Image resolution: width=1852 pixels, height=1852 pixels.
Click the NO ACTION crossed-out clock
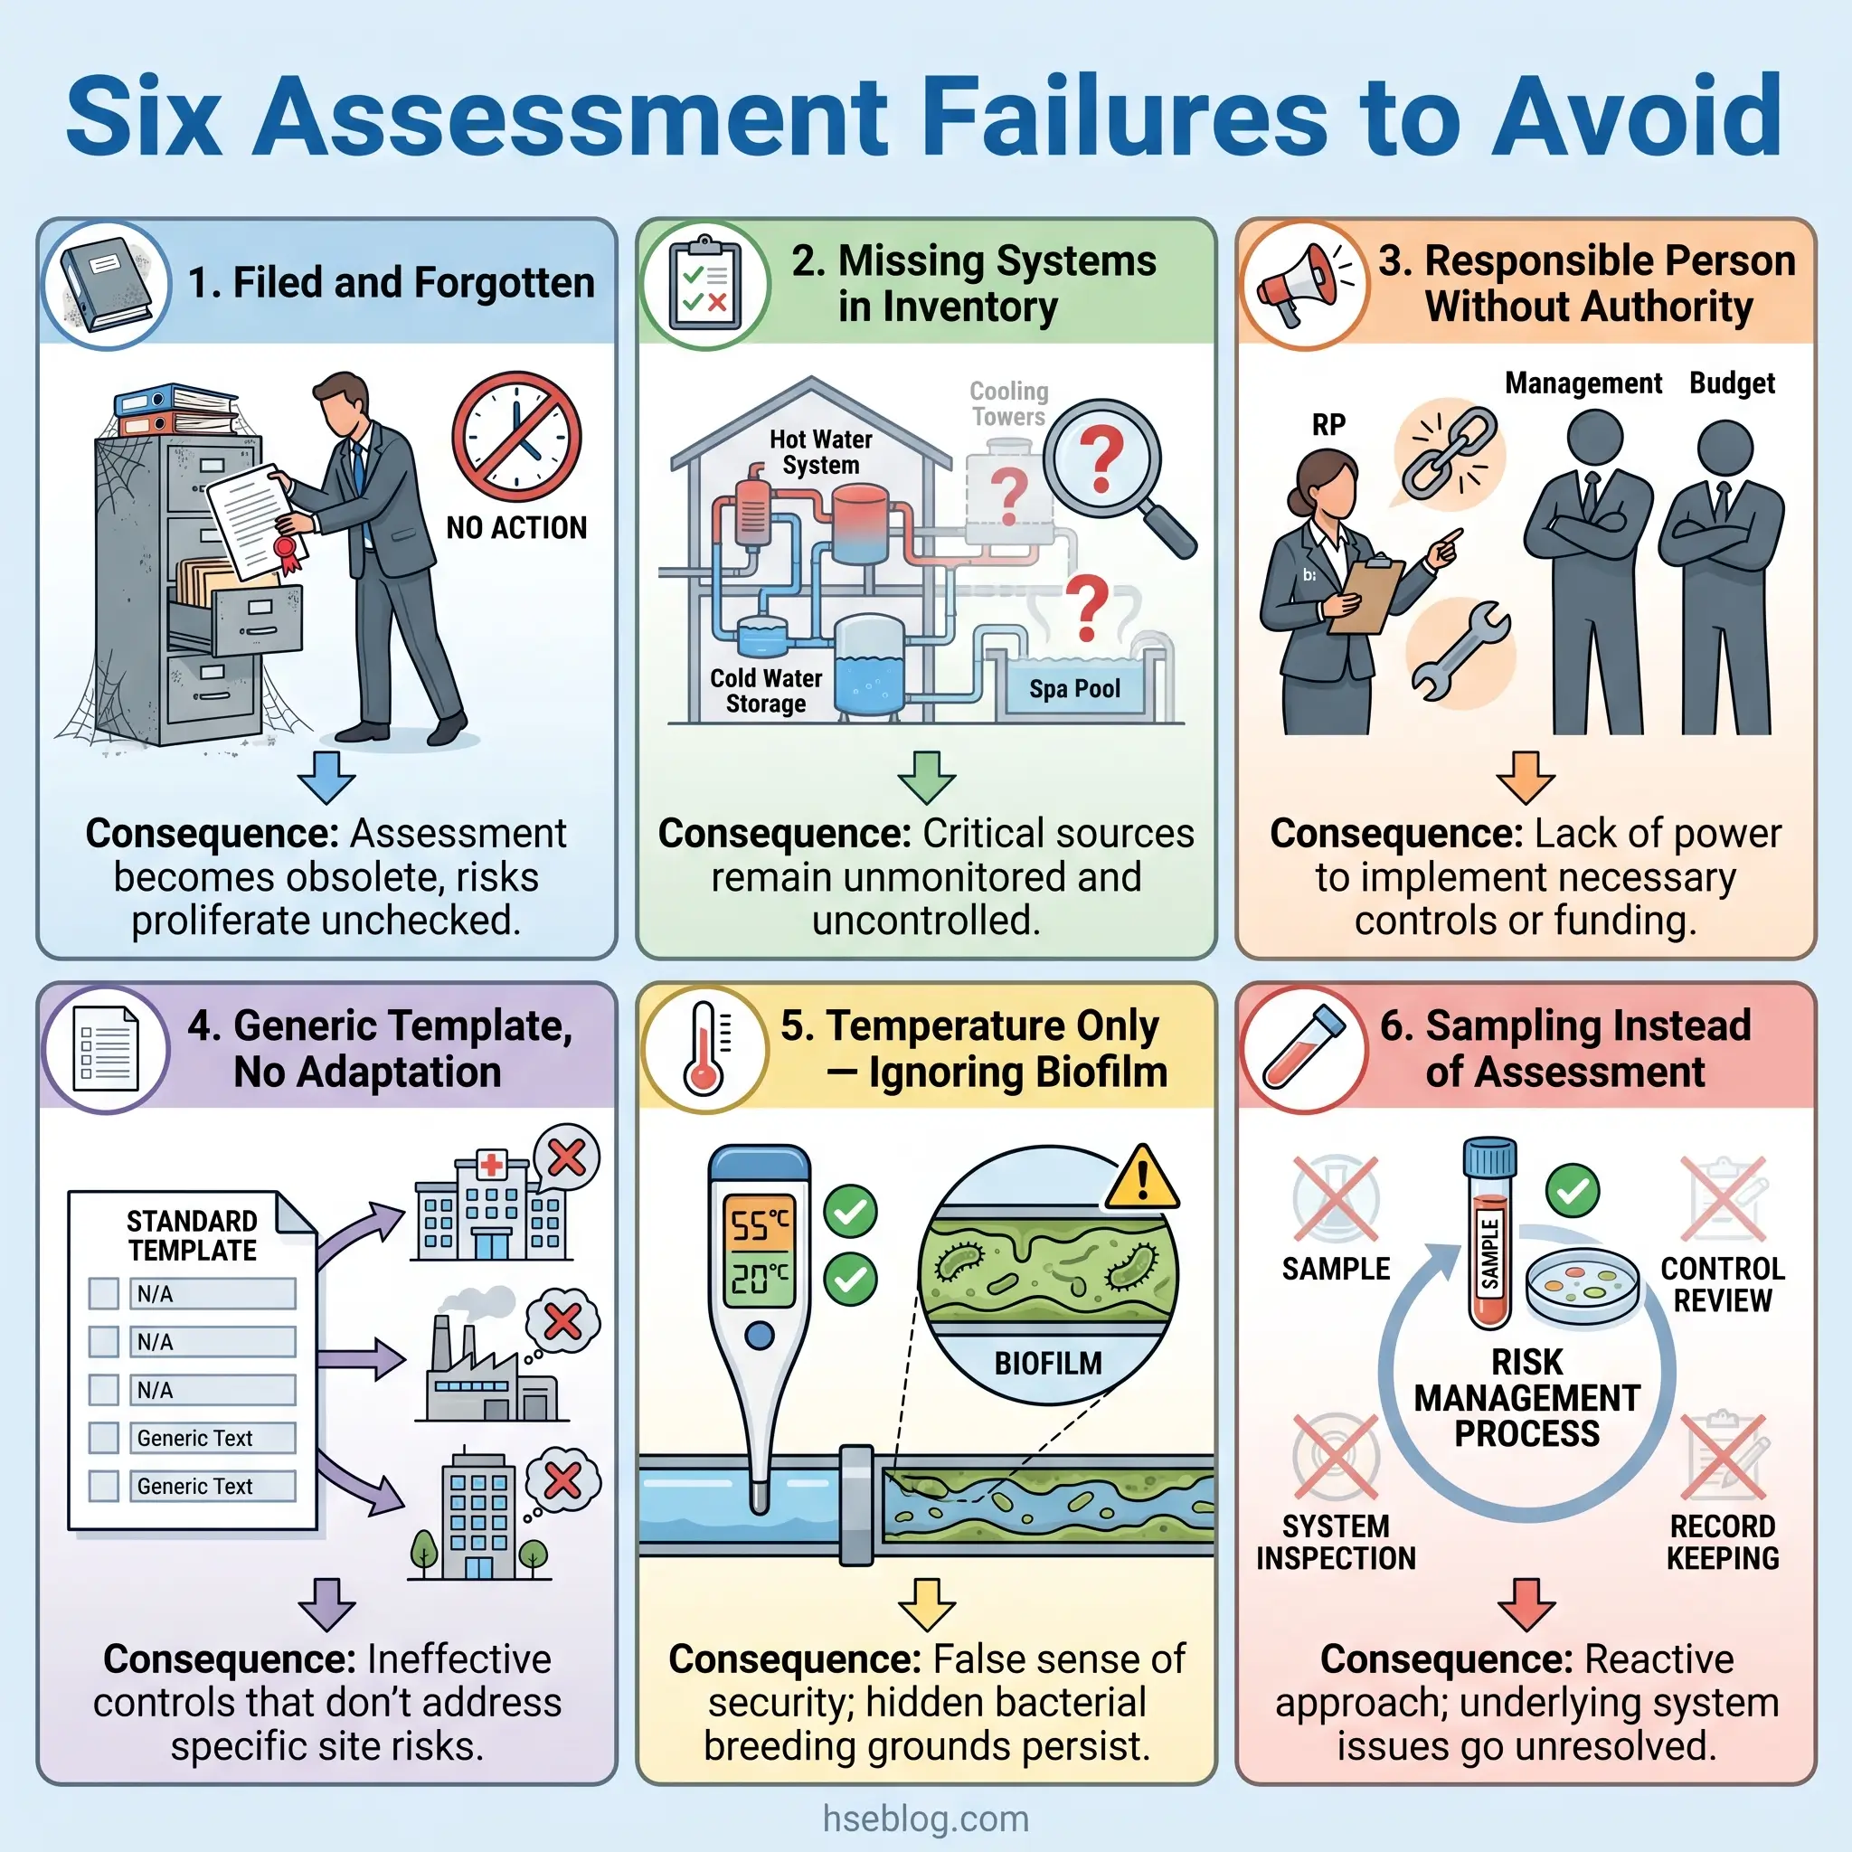coord(516,437)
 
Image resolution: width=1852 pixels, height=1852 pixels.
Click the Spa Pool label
coord(1074,688)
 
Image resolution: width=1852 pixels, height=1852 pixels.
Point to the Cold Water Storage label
coord(766,691)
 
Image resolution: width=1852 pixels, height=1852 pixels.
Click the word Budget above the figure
coord(1731,383)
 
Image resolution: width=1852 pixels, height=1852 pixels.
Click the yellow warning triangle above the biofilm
coord(1142,1178)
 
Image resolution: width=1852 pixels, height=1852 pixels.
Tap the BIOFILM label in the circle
coord(1048,1362)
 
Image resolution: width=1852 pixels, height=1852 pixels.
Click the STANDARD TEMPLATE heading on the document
coord(192,1235)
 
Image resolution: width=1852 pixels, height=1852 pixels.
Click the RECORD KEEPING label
coord(1723,1542)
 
